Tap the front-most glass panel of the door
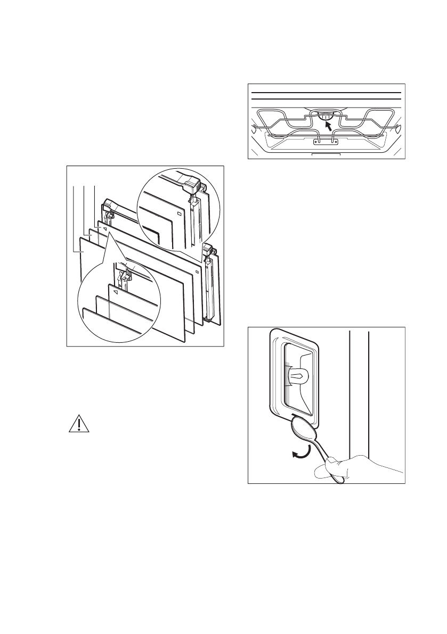133,287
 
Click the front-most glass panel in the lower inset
107,318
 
